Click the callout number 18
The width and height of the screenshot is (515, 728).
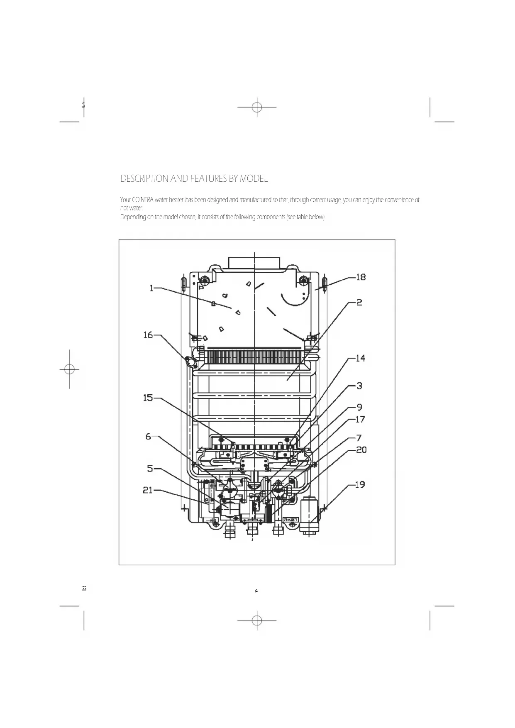click(x=361, y=277)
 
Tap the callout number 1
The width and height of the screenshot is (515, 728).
click(x=152, y=288)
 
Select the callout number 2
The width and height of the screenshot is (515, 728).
click(x=359, y=303)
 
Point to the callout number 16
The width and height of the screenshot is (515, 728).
click(x=148, y=335)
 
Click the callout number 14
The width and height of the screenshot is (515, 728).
click(x=360, y=358)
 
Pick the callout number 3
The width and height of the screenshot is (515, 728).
click(x=359, y=386)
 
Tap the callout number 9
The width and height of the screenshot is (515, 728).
click(x=359, y=408)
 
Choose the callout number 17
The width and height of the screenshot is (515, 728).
click(x=360, y=419)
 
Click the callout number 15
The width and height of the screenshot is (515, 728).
click(x=148, y=398)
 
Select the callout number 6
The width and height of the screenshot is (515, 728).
click(x=149, y=437)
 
